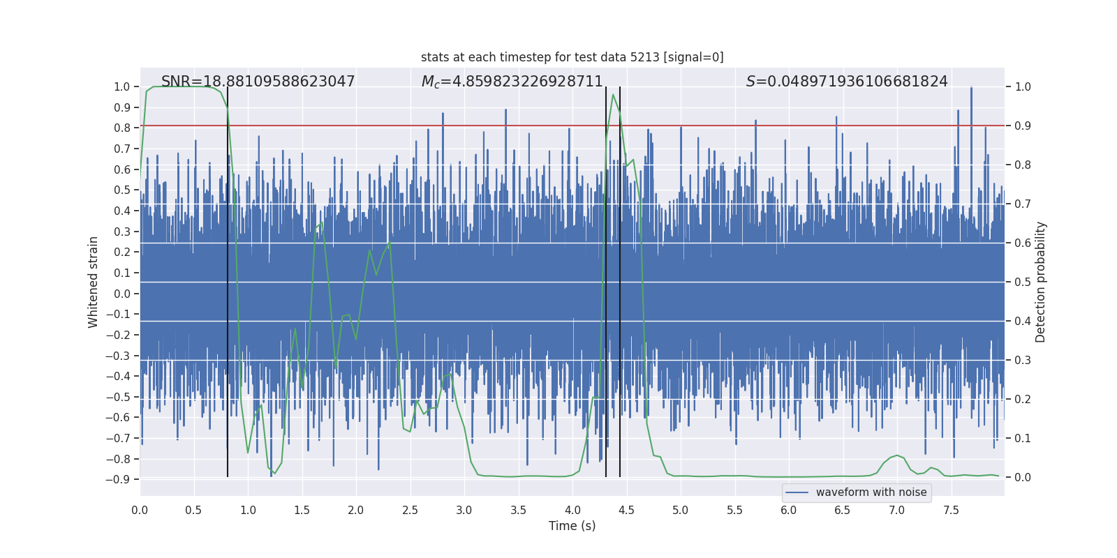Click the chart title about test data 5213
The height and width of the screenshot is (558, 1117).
(572, 57)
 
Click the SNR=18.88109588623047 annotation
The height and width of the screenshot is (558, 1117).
(258, 82)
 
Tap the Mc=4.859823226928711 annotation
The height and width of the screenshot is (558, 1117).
(512, 82)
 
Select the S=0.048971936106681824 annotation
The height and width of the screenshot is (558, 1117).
(846, 82)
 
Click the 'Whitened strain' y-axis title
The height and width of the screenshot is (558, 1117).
(94, 282)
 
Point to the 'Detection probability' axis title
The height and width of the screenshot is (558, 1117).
(1041, 282)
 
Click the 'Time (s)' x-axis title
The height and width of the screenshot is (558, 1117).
(572, 526)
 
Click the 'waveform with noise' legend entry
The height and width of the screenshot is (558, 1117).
(871, 492)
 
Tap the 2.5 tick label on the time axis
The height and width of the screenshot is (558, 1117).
(410, 511)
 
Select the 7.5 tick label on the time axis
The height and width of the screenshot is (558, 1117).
(951, 511)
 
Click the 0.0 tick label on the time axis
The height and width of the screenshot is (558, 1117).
(140, 511)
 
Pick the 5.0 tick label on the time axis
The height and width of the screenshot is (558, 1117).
(680, 511)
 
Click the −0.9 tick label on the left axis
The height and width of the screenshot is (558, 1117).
(118, 480)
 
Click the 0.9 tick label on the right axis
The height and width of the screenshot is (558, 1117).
(1023, 126)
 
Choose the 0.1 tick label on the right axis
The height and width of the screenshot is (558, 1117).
(1023, 439)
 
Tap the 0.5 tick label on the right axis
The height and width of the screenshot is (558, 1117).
(1023, 282)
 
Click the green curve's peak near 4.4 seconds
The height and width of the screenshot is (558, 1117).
(613, 95)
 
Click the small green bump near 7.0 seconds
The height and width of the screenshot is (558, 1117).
(897, 455)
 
